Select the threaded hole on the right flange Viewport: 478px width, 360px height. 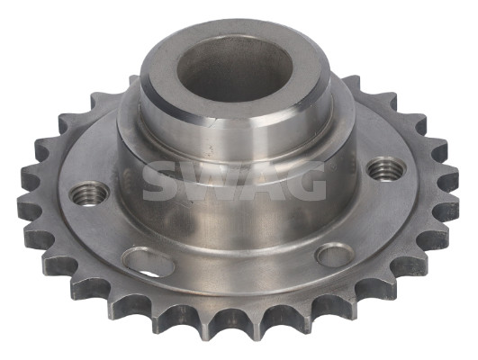pos(385,168)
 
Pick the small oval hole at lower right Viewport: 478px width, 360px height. pos(336,255)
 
